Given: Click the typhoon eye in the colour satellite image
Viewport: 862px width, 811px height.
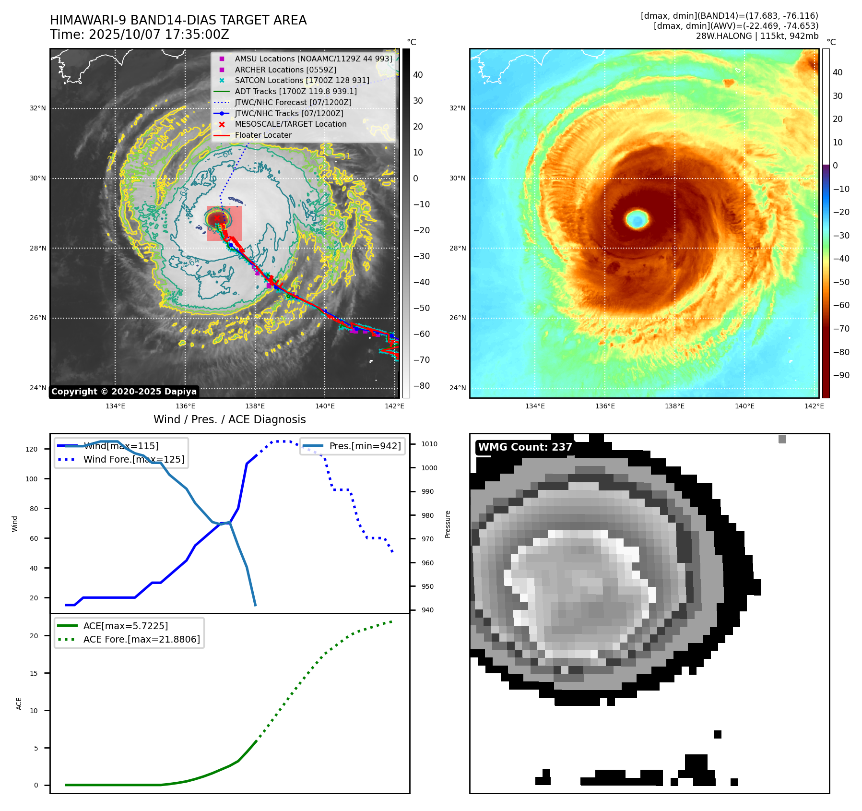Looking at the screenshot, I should (637, 220).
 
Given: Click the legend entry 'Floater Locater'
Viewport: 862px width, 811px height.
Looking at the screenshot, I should (263, 135).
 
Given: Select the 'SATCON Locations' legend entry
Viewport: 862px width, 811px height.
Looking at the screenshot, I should (302, 81).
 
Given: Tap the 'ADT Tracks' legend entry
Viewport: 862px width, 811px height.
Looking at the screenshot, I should (295, 91).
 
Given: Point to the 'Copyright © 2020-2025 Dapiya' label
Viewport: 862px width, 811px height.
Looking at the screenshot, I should (124, 392).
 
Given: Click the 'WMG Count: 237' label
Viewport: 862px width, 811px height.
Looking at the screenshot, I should (525, 447).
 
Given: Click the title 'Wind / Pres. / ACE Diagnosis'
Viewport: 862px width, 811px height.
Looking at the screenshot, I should (229, 419).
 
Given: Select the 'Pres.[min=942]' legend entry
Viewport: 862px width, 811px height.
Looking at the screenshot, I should (365, 446).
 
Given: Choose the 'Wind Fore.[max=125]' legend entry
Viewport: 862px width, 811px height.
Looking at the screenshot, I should (133, 459).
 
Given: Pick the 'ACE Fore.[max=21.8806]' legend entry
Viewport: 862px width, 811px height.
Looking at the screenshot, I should (142, 639).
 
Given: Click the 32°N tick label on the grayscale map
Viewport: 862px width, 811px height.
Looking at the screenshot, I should (38, 108).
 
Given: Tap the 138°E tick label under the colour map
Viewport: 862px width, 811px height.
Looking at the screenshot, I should (674, 406).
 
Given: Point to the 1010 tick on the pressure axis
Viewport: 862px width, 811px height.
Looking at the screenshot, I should (429, 444).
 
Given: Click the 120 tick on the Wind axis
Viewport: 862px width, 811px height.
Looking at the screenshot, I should (32, 449).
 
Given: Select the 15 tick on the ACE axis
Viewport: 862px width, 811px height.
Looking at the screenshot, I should (34, 673).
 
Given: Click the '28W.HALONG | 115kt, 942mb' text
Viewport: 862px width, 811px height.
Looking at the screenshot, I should (757, 36).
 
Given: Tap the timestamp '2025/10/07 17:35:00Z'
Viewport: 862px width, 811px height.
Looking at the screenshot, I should (159, 35).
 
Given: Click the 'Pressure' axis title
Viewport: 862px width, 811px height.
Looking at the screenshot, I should (448, 524).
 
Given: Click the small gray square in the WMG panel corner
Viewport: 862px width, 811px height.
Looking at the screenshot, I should (782, 439).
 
